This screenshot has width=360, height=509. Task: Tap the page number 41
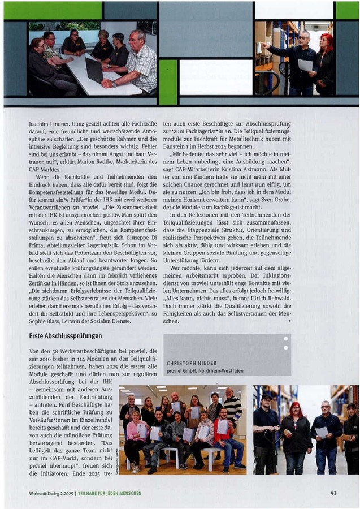pos(333,493)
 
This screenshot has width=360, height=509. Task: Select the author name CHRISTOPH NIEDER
pos(192,363)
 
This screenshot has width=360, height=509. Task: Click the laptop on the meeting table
pos(94,70)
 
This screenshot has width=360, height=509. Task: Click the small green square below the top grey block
pos(168,81)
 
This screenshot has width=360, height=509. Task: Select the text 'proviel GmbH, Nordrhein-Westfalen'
pos(205,370)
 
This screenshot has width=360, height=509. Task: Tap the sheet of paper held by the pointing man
pos(305,65)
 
